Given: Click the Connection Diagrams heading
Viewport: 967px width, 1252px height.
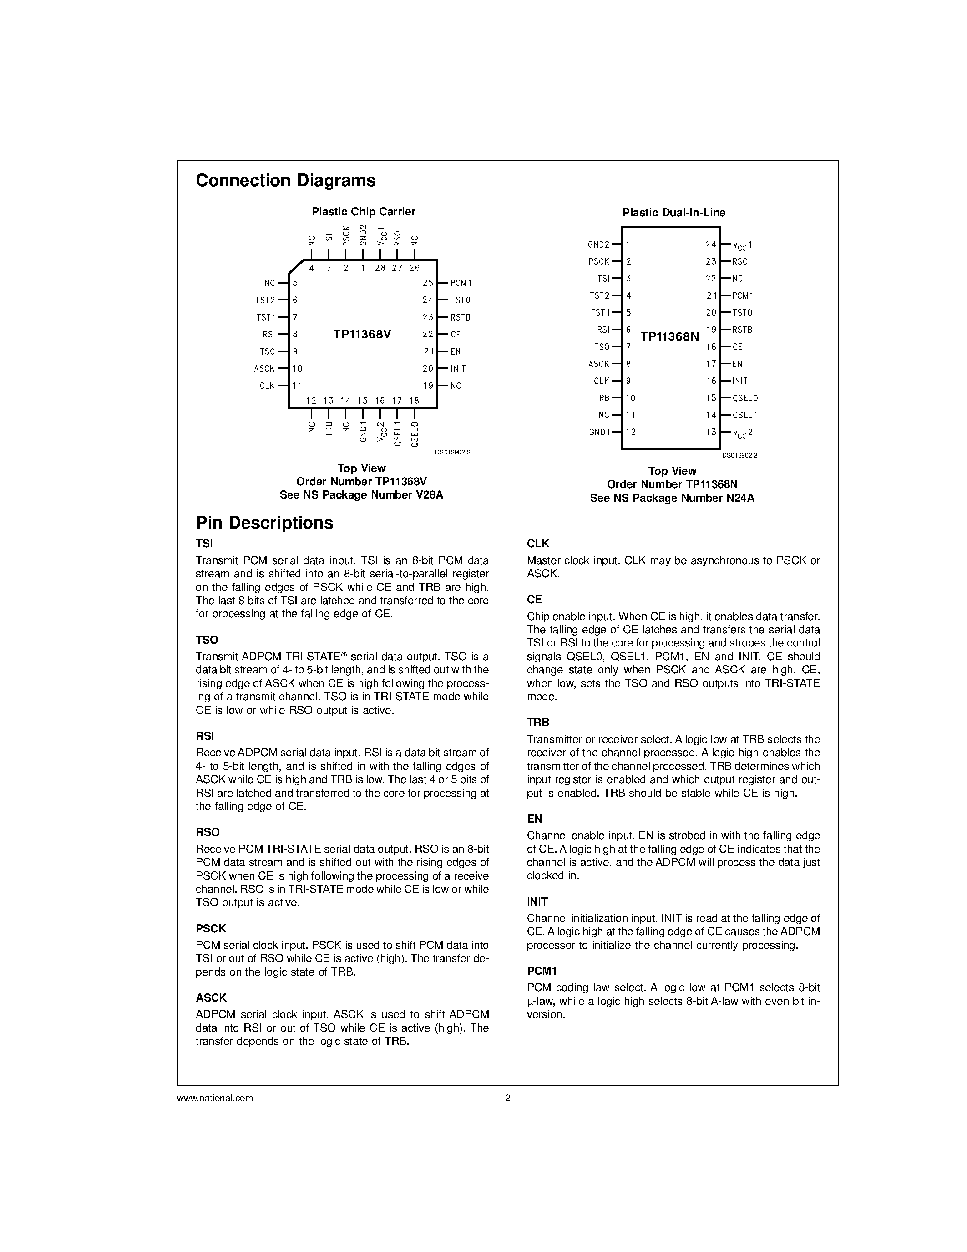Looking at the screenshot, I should coord(285,181).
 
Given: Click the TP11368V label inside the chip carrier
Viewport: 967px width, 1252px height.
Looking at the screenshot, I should coord(362,334).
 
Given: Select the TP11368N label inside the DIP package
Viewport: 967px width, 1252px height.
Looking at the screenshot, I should coord(670,336).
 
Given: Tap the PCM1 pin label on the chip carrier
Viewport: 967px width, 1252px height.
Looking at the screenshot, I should coord(461,283).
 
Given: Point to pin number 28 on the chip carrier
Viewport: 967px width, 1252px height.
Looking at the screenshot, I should coord(380,268).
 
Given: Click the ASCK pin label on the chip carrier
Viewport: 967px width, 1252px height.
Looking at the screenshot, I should coord(265,369).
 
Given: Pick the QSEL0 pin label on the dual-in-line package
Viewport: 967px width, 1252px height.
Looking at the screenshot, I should coord(745,398).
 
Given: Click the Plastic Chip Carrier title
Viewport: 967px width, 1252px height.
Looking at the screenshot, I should coord(363,212).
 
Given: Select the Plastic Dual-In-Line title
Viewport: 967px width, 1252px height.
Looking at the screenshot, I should coord(673,213).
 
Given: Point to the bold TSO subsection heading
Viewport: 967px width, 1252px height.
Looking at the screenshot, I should coord(207,640).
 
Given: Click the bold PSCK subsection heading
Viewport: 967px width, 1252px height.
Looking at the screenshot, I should coord(211,928).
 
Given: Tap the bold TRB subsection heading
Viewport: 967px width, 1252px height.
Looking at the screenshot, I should coord(538,723).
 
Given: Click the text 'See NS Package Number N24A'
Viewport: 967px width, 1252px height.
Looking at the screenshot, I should coord(672,498).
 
